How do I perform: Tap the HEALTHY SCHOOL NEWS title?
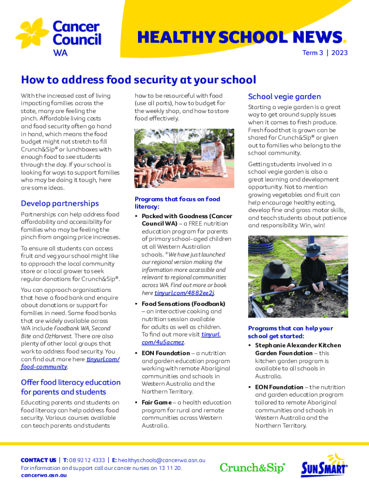click(240, 37)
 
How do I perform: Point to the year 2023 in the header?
click(339, 53)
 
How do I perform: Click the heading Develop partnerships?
click(60, 203)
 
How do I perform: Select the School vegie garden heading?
click(284, 97)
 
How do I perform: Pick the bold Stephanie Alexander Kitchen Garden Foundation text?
click(298, 349)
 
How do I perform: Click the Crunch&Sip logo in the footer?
click(253, 468)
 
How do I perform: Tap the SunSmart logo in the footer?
click(324, 466)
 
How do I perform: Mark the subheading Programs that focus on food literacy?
click(177, 202)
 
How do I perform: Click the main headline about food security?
click(138, 79)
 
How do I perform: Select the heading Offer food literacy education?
click(70, 387)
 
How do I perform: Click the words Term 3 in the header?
click(312, 53)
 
